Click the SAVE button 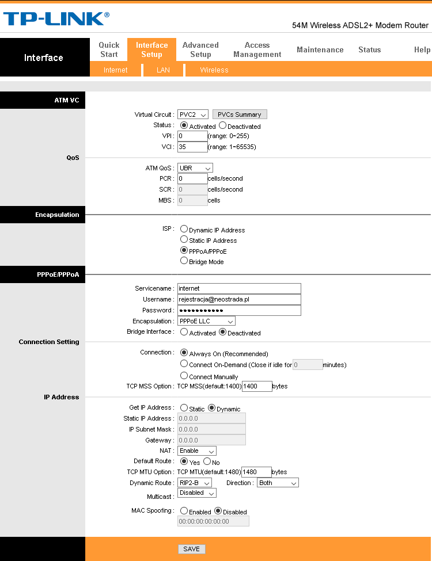point(191,549)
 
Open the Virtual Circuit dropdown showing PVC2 point(193,115)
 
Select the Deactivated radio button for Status point(223,125)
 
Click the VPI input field point(192,136)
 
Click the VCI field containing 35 point(192,147)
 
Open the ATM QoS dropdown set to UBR point(195,168)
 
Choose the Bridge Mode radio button point(184,261)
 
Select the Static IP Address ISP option point(184,239)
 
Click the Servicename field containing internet point(239,288)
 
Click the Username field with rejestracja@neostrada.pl point(239,299)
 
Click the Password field point(239,310)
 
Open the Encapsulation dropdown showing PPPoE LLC point(206,321)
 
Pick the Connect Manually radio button point(184,376)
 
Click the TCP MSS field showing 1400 point(257,386)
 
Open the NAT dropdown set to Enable point(197,451)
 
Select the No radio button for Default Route point(207,461)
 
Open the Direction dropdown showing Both point(278,483)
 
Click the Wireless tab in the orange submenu point(214,70)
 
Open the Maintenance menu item point(320,50)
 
